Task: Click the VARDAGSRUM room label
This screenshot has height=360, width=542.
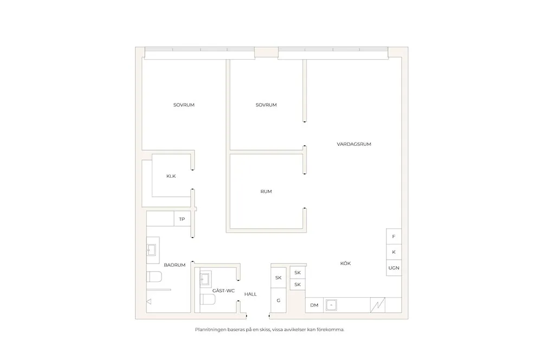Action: click(x=354, y=144)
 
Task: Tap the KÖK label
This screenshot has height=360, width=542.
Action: click(x=345, y=263)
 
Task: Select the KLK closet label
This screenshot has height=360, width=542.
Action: click(x=171, y=176)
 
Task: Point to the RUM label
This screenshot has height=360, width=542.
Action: click(x=266, y=191)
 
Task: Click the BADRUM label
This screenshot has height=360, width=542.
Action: click(x=175, y=265)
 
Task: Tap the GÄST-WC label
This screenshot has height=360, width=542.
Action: click(x=223, y=291)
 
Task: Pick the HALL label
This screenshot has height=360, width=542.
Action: click(x=250, y=294)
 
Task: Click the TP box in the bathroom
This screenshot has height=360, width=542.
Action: click(x=182, y=219)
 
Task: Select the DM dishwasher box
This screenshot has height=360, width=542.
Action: click(x=314, y=305)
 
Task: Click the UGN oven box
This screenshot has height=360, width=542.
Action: click(x=393, y=268)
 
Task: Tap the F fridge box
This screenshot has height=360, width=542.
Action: click(x=393, y=236)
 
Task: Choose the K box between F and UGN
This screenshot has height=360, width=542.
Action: click(x=393, y=252)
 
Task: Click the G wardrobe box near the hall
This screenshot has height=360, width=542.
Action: click(x=279, y=300)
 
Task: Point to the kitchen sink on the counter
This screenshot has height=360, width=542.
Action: click(x=331, y=305)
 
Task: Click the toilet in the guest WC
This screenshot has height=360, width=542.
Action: click(x=208, y=299)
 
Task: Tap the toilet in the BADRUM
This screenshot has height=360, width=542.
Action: click(x=154, y=277)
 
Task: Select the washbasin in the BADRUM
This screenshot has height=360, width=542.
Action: click(x=151, y=250)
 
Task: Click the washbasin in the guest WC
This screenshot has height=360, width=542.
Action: click(x=205, y=279)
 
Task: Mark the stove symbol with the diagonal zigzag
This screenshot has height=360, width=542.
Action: click(x=378, y=305)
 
